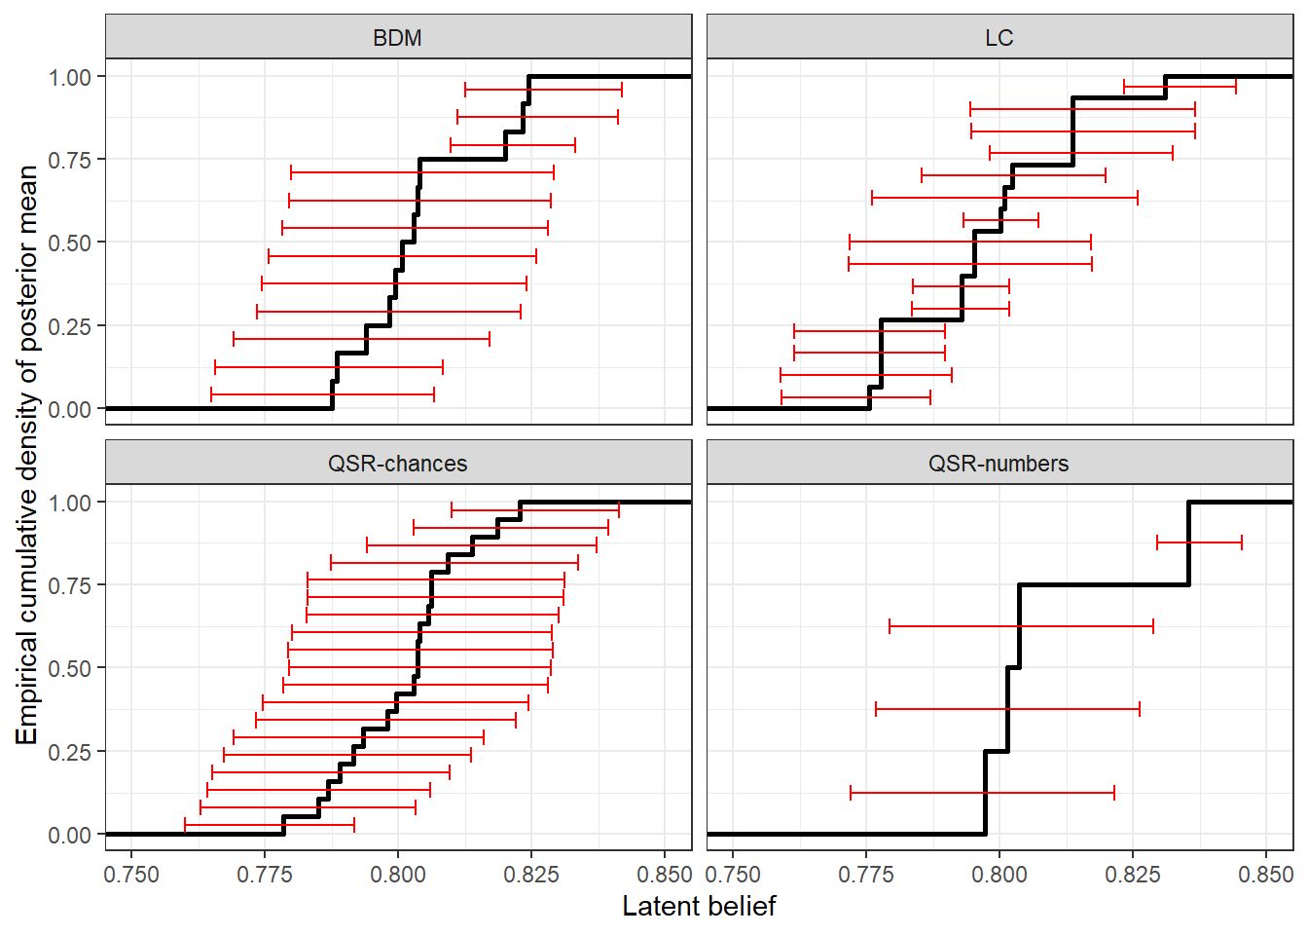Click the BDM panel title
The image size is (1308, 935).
click(397, 38)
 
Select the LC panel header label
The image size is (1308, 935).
click(999, 38)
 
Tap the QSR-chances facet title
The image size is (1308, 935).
click(397, 464)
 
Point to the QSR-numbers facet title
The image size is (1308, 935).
click(999, 464)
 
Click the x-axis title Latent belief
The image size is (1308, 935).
click(699, 907)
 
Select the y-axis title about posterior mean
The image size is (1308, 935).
click(26, 454)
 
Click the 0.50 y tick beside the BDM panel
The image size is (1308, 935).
click(69, 243)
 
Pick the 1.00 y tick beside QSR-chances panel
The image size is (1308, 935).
click(69, 503)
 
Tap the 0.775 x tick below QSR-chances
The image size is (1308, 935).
click(264, 875)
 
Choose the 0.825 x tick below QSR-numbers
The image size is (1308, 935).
click(1132, 875)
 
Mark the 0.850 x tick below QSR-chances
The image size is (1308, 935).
click(665, 875)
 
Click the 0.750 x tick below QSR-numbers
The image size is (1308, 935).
click(733, 875)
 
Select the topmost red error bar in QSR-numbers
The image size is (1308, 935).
click(1199, 542)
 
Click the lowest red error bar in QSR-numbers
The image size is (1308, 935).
click(982, 794)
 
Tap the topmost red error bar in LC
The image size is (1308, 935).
click(1180, 87)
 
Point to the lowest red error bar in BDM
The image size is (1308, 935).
click(322, 394)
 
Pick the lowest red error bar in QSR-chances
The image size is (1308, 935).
click(270, 826)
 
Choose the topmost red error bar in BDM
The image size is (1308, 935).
click(543, 90)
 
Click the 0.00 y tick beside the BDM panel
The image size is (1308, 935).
click(69, 409)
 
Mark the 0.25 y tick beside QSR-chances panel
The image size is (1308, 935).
click(69, 752)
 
